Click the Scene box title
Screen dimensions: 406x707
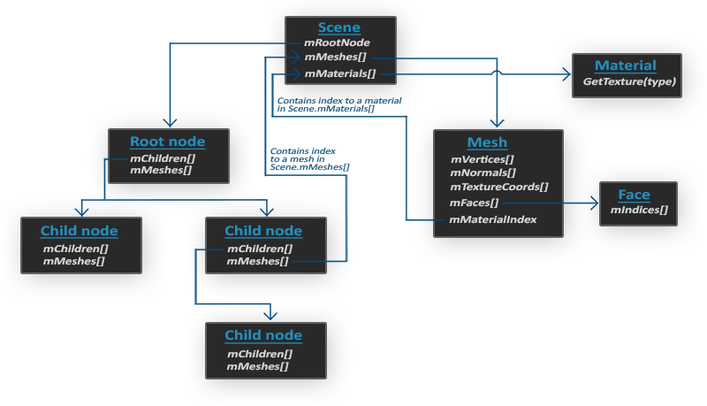tap(338, 27)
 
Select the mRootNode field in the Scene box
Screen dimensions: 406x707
tap(336, 42)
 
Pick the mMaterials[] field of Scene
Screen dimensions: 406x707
tap(339, 73)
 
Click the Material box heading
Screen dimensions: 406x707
tap(626, 65)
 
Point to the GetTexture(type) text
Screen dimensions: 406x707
tap(629, 81)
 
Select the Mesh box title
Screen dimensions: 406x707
tap(487, 142)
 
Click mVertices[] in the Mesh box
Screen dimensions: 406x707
tap(483, 159)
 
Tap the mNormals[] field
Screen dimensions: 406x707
tap(483, 172)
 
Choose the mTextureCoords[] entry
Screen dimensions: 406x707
tap(498, 187)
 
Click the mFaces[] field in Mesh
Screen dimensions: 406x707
tap(475, 203)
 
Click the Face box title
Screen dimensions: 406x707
tap(634, 195)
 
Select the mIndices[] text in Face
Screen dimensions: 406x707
tap(639, 210)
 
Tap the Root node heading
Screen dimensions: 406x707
tap(167, 142)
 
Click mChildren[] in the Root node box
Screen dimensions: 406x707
tap(162, 157)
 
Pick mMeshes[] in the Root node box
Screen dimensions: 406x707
tap(160, 170)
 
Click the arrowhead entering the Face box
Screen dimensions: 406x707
tap(594, 203)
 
